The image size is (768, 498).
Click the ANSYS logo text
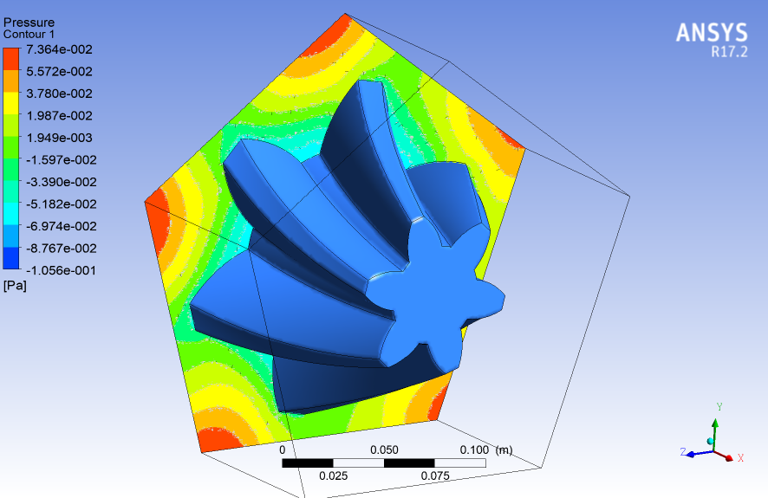(x=711, y=33)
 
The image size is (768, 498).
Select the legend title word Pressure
(x=29, y=22)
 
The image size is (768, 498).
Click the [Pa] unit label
(x=15, y=286)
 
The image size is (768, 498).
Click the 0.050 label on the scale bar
(x=384, y=450)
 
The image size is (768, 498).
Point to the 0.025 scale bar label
(x=334, y=476)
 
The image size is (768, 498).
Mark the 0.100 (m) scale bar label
(x=486, y=450)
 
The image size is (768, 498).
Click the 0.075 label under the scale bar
(x=435, y=476)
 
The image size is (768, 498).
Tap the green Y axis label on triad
(x=719, y=406)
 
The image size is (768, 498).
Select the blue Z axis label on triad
(x=683, y=451)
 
